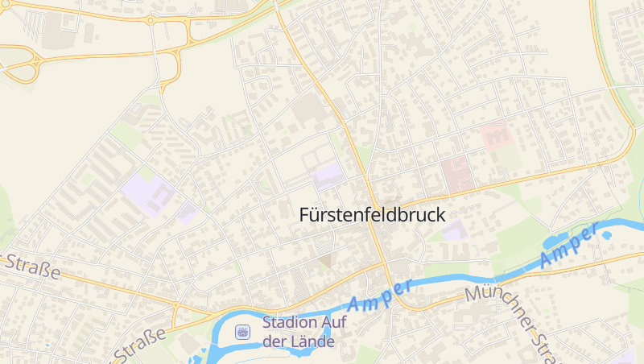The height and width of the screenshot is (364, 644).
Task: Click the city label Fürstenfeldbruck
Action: coord(371,215)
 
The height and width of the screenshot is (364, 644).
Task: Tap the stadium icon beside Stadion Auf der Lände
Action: coord(242,332)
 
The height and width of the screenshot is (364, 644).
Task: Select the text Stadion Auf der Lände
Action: coord(299,332)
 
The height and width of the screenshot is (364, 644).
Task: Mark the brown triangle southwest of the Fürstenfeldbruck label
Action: coord(325,260)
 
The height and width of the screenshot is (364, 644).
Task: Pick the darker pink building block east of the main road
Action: coord(456,172)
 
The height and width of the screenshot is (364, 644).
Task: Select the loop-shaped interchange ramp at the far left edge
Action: coord(24,66)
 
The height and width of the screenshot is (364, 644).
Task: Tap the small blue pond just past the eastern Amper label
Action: coord(605,235)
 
